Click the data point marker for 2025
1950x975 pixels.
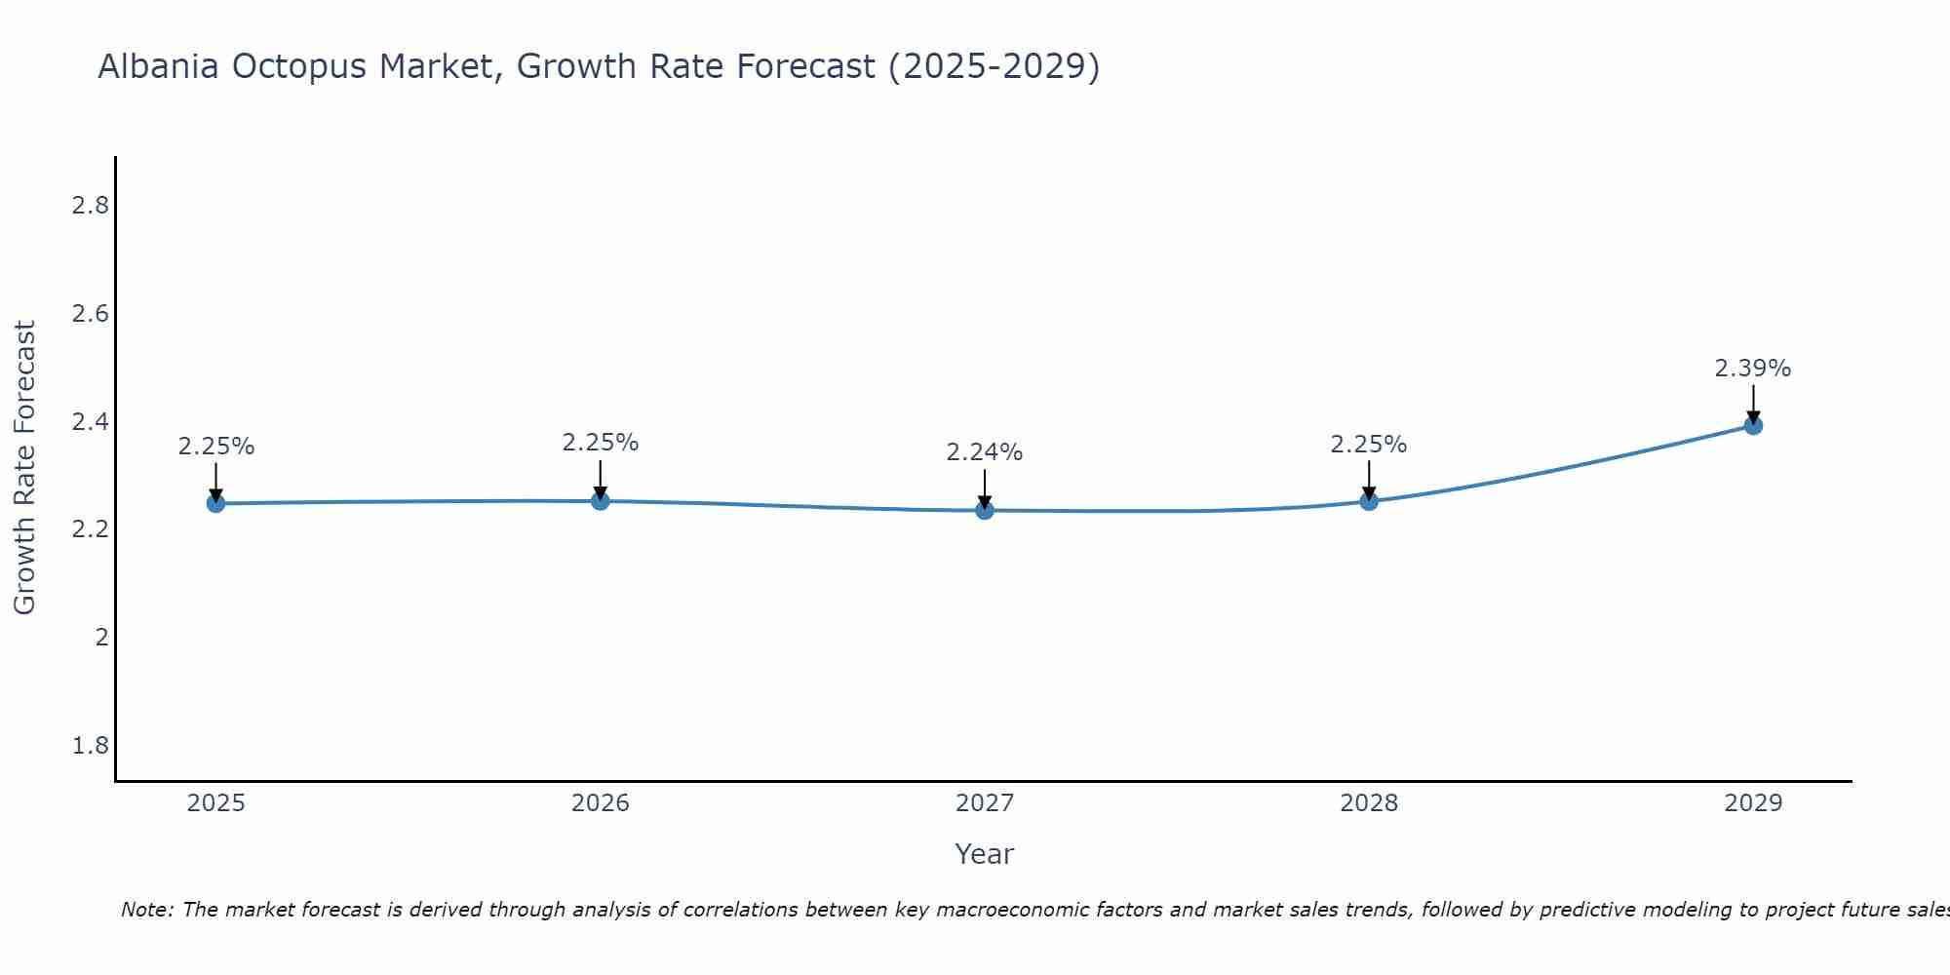[x=215, y=503]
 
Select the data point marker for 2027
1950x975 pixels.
[x=985, y=510]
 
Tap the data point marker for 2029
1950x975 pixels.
[x=1753, y=425]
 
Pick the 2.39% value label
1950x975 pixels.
[x=1753, y=369]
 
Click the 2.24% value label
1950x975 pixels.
[x=985, y=452]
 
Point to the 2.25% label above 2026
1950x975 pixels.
[x=601, y=443]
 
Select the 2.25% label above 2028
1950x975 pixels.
[x=1369, y=445]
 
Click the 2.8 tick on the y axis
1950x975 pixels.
[x=90, y=206]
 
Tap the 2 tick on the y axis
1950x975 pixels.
[x=101, y=638]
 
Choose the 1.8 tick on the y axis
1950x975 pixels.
[x=90, y=746]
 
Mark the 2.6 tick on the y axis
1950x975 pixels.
[x=90, y=314]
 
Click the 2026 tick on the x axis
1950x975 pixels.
[x=601, y=803]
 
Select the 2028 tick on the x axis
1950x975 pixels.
[x=1369, y=803]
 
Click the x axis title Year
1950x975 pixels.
[x=985, y=854]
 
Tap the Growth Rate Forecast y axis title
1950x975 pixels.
[x=24, y=468]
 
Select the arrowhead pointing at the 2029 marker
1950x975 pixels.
[x=1753, y=418]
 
